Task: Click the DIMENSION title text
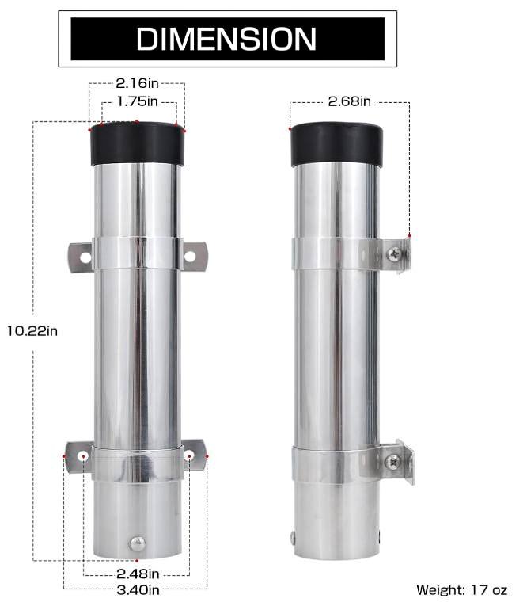(x=226, y=39)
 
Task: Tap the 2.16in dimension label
(x=137, y=83)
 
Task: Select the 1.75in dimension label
(x=138, y=101)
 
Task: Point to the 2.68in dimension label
(x=350, y=101)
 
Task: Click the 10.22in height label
(x=32, y=331)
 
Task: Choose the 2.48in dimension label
(x=138, y=574)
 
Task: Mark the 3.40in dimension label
(x=138, y=590)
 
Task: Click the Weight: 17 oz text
(x=462, y=590)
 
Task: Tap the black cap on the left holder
(x=137, y=143)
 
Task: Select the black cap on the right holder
(x=336, y=144)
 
